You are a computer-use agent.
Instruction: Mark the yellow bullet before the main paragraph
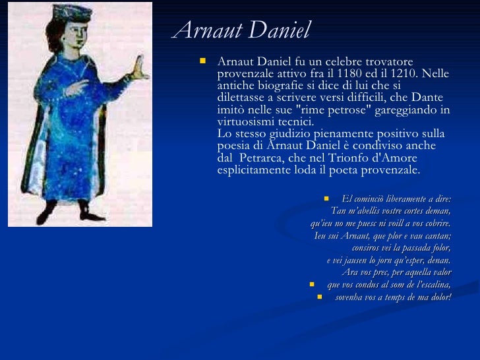tap(202, 61)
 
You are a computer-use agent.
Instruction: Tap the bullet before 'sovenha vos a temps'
tap(320, 297)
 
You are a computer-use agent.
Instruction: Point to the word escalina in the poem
tap(431, 285)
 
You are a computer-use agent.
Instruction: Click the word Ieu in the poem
tap(321, 235)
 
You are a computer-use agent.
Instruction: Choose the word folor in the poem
tap(439, 248)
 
